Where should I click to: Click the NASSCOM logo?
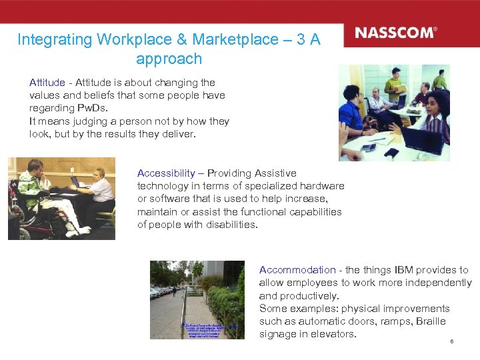(395, 33)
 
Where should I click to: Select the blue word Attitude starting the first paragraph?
(47, 83)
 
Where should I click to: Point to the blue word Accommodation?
(297, 270)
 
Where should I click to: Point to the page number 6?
(451, 342)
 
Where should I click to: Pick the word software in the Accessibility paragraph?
(170, 199)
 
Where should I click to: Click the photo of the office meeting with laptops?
(394, 113)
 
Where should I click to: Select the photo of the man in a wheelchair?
(61, 199)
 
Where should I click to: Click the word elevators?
(335, 334)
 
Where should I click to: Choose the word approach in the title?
(169, 59)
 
